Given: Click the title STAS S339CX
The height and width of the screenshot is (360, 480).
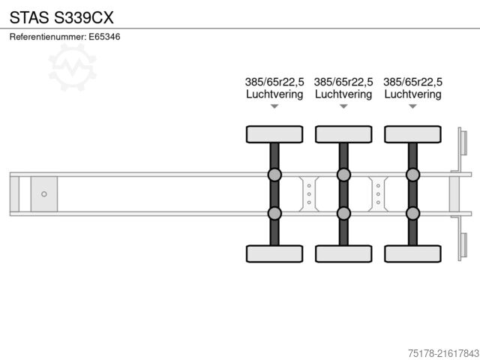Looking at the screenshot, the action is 61,17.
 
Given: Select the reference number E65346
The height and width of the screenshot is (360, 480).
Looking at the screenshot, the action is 104,37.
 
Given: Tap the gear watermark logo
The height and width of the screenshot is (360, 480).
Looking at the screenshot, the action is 72,67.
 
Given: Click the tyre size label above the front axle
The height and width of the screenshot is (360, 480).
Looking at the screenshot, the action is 274,82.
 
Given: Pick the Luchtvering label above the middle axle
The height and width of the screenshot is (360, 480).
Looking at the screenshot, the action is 343,94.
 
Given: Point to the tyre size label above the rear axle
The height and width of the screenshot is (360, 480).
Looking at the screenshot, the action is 412,82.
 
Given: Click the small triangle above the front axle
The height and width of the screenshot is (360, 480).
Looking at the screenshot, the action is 274,106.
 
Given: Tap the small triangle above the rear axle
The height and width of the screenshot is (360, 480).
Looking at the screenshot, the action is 412,106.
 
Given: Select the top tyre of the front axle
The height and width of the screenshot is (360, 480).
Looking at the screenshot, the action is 274,134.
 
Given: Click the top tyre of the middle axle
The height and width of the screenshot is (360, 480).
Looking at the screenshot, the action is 343,134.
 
